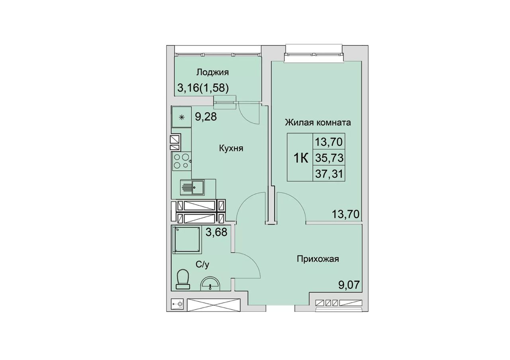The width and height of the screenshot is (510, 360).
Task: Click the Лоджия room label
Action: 212,72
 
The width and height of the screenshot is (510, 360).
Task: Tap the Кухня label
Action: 231,149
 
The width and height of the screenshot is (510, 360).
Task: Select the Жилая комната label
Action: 318,123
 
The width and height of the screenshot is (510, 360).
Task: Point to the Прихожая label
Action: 318,259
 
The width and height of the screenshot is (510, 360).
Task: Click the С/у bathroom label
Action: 202,264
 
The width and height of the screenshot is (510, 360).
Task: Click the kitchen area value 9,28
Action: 206,117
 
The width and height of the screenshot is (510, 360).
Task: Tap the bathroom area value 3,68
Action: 216,232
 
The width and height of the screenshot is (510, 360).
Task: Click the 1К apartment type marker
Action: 301,158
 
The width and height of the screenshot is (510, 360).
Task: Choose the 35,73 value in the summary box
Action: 329,158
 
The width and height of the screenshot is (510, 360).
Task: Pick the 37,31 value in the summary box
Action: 329,174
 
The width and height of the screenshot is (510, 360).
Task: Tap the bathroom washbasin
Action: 210,284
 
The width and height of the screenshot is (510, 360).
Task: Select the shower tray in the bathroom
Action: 187,240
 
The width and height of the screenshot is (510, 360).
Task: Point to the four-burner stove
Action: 181,162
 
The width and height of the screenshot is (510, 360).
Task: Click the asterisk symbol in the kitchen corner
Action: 182,117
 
